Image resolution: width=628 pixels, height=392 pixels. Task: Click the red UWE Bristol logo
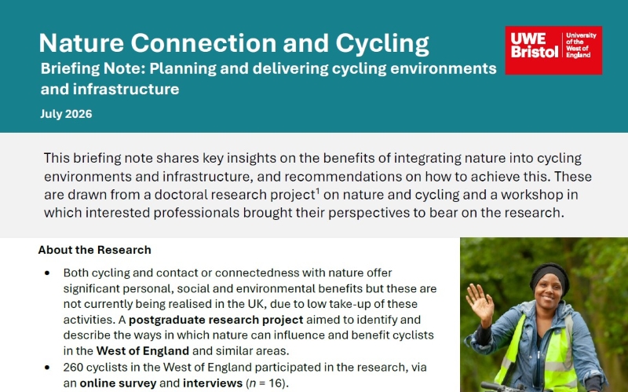pyautogui.click(x=553, y=50)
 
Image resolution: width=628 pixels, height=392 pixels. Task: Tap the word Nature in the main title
pyautogui.click(x=82, y=43)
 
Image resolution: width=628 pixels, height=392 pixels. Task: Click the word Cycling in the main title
pyautogui.click(x=382, y=44)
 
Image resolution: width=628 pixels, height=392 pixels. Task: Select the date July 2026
pyautogui.click(x=66, y=114)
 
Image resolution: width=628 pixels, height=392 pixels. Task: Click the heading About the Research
pyautogui.click(x=94, y=250)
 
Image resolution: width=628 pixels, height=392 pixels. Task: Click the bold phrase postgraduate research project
pyautogui.click(x=216, y=320)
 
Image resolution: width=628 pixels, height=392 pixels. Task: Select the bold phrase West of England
pyautogui.click(x=143, y=351)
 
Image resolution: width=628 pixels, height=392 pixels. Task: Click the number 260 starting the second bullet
pyautogui.click(x=73, y=367)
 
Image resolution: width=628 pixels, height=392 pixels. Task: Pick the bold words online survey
pyautogui.click(x=118, y=383)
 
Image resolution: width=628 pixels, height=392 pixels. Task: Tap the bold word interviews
pyautogui.click(x=213, y=383)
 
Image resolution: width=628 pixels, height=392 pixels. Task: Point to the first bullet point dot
pyautogui.click(x=47, y=273)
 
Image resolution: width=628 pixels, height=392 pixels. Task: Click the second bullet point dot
pyautogui.click(x=47, y=368)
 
